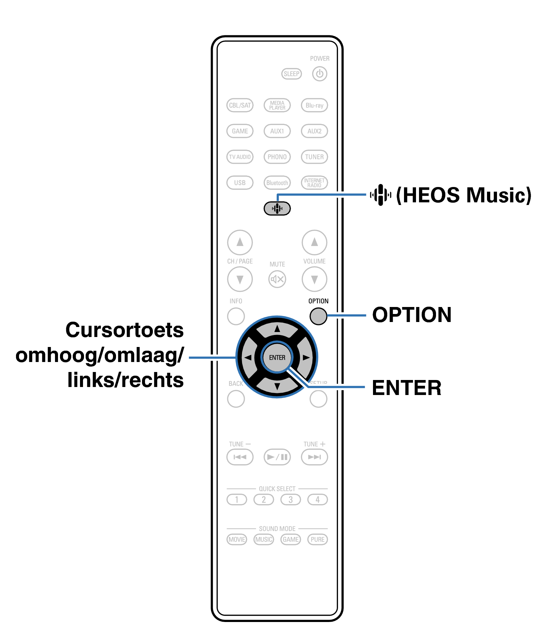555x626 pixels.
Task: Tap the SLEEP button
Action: tap(291, 74)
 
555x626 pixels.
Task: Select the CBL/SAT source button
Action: tap(240, 105)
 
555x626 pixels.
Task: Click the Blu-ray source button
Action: tap(314, 105)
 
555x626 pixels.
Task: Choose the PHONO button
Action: tap(277, 157)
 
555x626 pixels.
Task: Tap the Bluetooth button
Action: tap(277, 183)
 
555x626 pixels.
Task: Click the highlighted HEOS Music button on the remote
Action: tap(277, 209)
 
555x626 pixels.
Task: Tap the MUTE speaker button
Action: tap(277, 279)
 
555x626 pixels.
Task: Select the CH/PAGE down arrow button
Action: tap(240, 279)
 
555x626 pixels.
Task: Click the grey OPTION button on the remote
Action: tap(318, 316)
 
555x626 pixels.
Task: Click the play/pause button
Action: tap(277, 457)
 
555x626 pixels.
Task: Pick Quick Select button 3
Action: tap(291, 499)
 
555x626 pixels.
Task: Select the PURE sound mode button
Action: tap(317, 539)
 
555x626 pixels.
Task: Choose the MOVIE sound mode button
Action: tap(237, 539)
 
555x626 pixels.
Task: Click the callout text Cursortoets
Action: tap(124, 330)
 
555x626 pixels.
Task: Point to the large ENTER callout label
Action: tap(406, 388)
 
